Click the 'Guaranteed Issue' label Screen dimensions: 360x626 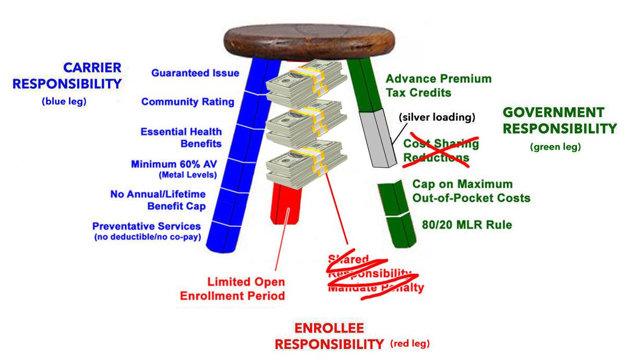[195, 74]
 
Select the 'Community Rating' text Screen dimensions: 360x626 [187, 102]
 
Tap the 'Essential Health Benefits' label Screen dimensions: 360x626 [181, 137]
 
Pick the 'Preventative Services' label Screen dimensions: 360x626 [147, 226]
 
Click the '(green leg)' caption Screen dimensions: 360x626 [555, 147]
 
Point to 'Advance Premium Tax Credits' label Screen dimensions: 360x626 [438, 86]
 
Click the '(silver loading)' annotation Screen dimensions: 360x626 [436, 117]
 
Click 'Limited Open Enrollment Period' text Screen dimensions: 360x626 [232, 289]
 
